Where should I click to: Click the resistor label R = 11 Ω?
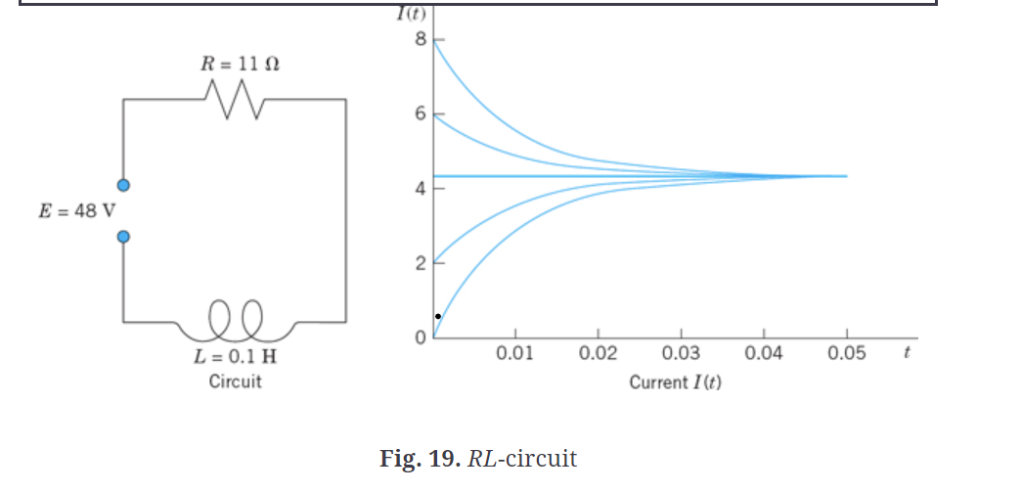click(240, 65)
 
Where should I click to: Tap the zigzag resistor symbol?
click(235, 100)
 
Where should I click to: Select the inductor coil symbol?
click(235, 316)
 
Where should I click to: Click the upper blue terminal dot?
click(124, 185)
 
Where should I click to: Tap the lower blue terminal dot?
click(124, 237)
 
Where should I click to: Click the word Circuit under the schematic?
click(235, 381)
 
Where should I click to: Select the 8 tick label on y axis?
click(420, 40)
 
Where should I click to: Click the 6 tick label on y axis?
click(420, 114)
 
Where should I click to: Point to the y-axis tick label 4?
click(420, 189)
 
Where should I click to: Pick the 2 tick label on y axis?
click(420, 264)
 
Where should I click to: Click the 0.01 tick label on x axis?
click(514, 354)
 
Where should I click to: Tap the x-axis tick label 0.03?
click(681, 354)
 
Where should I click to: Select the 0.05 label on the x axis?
click(847, 354)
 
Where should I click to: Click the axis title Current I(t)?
click(675, 382)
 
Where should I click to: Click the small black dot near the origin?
click(438, 316)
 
